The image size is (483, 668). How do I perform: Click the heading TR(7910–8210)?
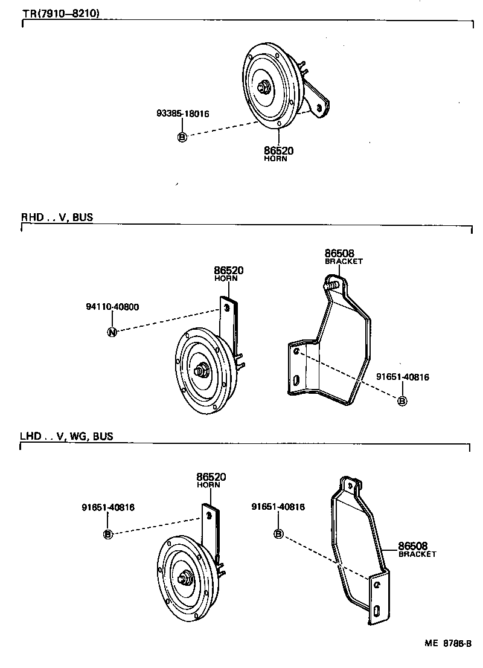coord(54,13)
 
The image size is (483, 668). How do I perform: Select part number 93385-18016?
coord(183,113)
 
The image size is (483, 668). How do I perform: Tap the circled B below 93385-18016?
coord(183,137)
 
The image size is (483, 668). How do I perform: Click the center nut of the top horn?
coord(264,88)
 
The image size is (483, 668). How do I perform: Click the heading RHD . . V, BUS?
coord(57,217)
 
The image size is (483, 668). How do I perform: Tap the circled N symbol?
coord(112,331)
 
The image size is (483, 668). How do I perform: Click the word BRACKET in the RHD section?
coord(344,262)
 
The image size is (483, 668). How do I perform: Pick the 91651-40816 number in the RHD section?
coord(403,377)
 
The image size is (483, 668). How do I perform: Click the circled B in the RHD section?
coord(403,400)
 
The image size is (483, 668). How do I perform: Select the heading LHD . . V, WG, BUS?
coord(67,436)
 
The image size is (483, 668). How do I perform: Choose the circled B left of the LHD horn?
coord(108,533)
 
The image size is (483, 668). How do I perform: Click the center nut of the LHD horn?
coord(182,579)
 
